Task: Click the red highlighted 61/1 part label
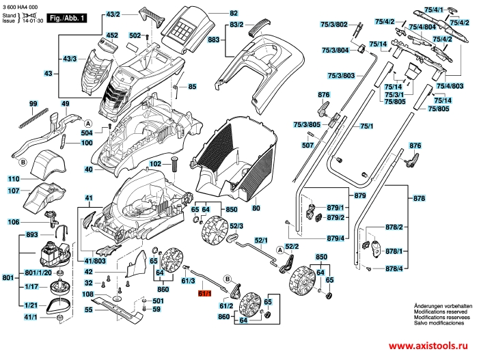click(204, 294)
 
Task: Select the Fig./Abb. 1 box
click(68, 18)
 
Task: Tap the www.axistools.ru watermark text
click(432, 347)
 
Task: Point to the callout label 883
click(213, 40)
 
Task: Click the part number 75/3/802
click(334, 24)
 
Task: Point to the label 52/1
click(262, 240)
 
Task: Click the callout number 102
click(155, 164)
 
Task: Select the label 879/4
click(335, 238)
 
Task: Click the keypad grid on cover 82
click(186, 27)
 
